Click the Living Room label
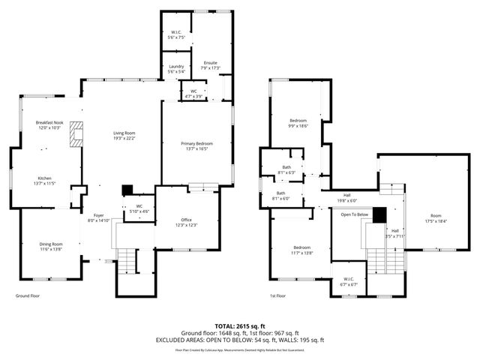[x=124, y=136]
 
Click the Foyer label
[x=98, y=218]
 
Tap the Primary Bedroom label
[x=196, y=145]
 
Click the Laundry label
[x=176, y=69]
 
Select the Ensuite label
[x=210, y=66]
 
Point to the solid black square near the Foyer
[x=127, y=190]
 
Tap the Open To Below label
[x=354, y=214]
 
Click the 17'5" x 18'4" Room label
[x=436, y=218]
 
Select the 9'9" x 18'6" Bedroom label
[x=298, y=124]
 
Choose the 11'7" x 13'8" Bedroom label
[x=301, y=250]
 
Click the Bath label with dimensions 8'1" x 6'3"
[x=286, y=170]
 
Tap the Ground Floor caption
[x=28, y=295]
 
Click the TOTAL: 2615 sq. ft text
[x=240, y=325]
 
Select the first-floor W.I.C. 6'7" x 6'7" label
[x=347, y=281]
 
